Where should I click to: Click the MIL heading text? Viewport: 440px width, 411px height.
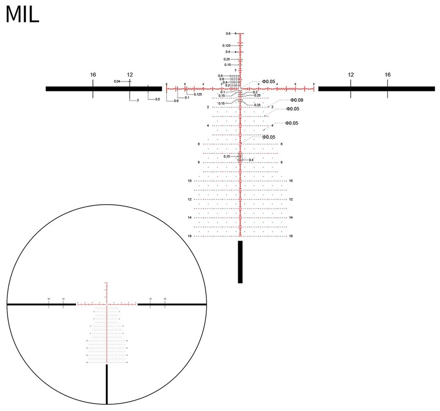22,15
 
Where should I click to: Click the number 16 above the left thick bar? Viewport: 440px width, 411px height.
93,74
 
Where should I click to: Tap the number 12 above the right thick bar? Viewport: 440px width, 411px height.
351,74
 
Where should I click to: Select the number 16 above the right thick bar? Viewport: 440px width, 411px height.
387,74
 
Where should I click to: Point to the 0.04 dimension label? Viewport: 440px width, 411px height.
117,81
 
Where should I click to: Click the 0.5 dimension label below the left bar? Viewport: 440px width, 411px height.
157,99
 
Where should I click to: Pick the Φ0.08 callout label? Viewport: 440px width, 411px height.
297,100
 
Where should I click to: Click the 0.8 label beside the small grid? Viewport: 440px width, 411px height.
220,76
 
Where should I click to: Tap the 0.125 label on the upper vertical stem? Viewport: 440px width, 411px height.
226,46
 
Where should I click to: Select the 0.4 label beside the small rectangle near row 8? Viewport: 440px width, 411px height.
251,159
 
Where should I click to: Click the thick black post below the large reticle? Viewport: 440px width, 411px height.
240,262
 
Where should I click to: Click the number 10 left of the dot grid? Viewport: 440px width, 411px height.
189,181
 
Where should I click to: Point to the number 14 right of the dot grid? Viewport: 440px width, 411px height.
291,218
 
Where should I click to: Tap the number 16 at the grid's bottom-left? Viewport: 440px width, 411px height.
189,236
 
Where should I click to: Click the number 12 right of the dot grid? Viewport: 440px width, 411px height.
291,199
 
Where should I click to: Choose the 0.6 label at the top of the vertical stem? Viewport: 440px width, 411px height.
228,33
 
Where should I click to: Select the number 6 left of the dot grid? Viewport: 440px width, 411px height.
198,144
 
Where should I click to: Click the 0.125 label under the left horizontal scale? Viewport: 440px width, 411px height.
198,94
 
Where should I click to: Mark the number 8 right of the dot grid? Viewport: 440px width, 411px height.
281,163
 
